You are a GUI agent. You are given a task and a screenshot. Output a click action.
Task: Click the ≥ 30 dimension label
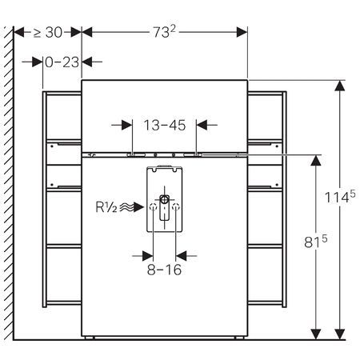48,32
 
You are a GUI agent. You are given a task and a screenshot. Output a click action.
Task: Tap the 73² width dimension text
164,32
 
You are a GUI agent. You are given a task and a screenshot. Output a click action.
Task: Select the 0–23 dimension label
62,62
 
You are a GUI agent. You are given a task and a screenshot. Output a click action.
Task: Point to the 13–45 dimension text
165,125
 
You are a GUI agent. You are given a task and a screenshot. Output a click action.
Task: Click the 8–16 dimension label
164,270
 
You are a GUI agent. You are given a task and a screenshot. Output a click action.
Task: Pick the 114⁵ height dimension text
340,197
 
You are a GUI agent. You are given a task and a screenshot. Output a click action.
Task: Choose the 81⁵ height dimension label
316,242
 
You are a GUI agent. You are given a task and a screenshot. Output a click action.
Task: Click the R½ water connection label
106,207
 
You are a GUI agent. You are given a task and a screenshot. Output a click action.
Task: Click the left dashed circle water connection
153,206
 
